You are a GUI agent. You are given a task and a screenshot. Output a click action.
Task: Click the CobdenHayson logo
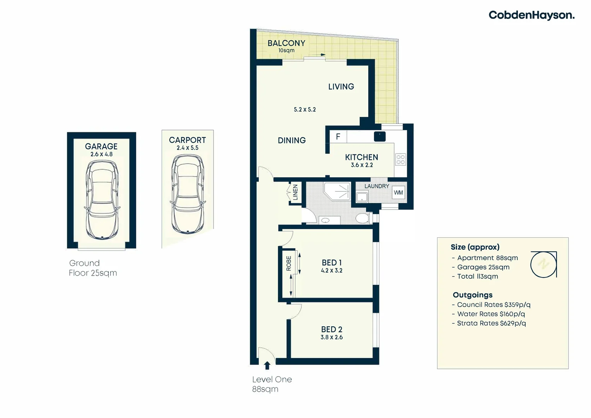pos(531,15)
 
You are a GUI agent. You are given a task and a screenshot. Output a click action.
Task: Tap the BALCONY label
pos(286,43)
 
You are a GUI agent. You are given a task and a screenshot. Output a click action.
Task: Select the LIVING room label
pos(341,87)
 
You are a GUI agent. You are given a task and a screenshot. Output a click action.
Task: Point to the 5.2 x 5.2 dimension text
pos(305,110)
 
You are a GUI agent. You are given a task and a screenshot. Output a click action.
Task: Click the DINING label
pos(292,140)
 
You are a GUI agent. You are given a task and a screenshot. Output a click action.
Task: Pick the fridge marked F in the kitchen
pos(338,137)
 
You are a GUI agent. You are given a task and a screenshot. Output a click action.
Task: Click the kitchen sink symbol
pos(379,137)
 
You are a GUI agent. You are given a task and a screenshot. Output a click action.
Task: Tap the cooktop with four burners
pos(401,159)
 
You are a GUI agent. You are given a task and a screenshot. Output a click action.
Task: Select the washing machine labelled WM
pos(398,192)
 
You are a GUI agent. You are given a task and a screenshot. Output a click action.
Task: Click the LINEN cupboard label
pos(295,192)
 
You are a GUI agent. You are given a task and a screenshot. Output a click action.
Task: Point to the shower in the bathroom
pos(336,191)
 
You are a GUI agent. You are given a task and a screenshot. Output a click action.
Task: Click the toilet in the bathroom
pos(363,218)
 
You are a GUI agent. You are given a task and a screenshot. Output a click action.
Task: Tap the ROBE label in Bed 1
pos(289,263)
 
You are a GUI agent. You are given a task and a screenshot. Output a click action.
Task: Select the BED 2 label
pos(331,329)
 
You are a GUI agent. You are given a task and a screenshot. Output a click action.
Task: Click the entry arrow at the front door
pos(267,365)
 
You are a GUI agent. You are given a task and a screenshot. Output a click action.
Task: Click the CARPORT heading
pos(187,140)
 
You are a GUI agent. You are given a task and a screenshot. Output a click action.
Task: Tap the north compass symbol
pos(543,264)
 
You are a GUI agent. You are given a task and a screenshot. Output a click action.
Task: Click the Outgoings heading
pos(473,295)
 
